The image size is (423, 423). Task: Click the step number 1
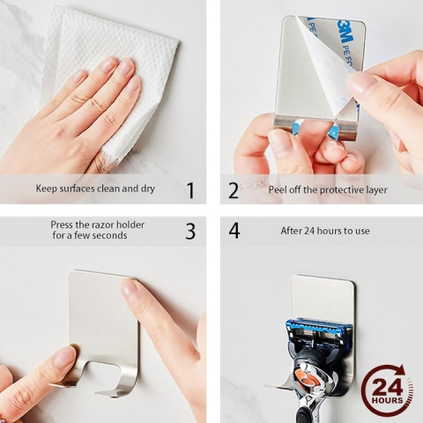pos(190,190)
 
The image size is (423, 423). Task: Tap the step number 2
pos(234,190)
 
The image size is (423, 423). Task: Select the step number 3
pos(190,231)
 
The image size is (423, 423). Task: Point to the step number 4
pos(234,231)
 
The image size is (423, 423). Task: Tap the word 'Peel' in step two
pos(278,189)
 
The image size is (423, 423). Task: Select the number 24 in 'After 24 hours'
pos(309,231)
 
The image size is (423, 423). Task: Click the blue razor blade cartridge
pos(318,332)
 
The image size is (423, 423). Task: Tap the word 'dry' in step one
pos(148,189)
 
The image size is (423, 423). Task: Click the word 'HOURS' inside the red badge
pos(388,400)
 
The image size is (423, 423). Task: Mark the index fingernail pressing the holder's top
pos(128,288)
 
